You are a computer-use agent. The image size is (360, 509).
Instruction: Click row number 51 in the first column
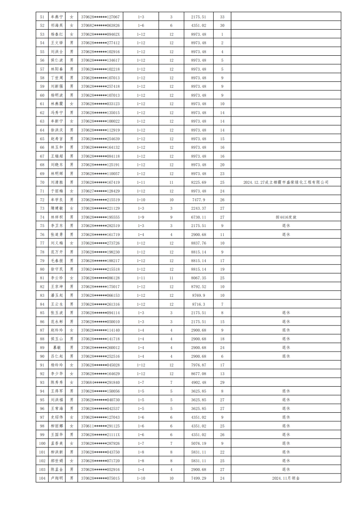click(x=42, y=17)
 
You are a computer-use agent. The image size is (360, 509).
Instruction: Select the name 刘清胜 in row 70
click(x=57, y=183)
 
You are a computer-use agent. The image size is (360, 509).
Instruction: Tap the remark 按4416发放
click(x=286, y=217)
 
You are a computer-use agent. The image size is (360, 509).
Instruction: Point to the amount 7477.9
click(x=198, y=200)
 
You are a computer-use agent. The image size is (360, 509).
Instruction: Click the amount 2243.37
click(x=198, y=209)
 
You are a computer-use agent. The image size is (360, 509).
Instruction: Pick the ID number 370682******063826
click(x=100, y=26)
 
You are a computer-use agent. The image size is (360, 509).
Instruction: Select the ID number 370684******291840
click(x=100, y=382)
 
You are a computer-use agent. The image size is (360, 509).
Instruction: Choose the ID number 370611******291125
click(x=100, y=426)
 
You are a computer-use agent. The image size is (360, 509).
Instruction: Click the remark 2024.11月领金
click(x=286, y=478)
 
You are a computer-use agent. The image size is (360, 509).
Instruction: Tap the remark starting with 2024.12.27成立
click(x=286, y=183)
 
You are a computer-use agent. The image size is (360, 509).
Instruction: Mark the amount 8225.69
click(x=198, y=183)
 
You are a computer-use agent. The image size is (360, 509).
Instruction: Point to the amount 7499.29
click(x=198, y=478)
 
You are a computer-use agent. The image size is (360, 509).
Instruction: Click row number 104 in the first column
click(x=42, y=478)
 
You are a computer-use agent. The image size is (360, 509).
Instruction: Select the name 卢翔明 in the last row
click(x=57, y=478)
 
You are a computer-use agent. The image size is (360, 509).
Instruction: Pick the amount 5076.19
click(x=198, y=443)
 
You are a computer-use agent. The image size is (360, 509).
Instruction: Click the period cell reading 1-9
click(x=140, y=217)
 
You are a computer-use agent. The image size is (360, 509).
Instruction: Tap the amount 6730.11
click(x=198, y=217)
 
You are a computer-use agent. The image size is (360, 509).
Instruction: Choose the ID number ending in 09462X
click(x=100, y=34)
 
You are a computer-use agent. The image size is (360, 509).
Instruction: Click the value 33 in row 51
click(x=222, y=17)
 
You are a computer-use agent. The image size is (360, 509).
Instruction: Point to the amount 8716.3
click(x=198, y=304)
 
